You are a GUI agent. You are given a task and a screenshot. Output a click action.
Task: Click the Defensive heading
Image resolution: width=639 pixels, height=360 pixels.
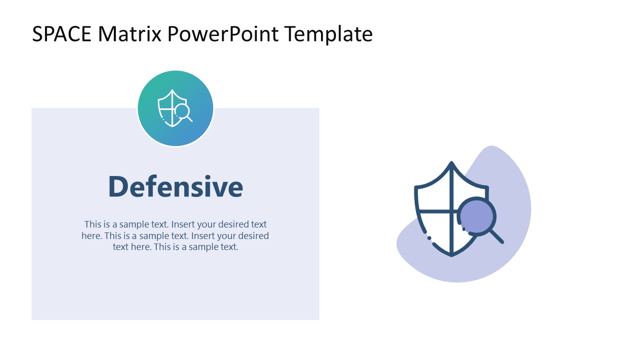click(175, 186)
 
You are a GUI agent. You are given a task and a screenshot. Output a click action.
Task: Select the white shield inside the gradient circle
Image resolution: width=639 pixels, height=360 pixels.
click(168, 107)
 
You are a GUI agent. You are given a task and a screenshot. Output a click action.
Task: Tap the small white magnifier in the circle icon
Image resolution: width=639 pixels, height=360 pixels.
click(183, 111)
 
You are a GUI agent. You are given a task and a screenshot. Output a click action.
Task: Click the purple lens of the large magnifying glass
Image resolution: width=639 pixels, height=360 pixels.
click(476, 217)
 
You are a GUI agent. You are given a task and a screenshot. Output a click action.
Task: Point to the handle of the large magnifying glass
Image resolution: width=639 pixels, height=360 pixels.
click(497, 236)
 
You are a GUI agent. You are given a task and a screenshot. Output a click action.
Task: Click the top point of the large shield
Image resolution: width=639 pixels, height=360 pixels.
click(451, 163)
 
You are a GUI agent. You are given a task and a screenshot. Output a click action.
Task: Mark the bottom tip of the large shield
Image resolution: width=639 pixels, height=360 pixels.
click(451, 254)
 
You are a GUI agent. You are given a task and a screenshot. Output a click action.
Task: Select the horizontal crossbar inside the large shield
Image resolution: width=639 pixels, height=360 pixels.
click(435, 211)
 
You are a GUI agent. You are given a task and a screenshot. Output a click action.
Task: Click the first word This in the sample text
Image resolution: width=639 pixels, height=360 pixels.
click(92, 224)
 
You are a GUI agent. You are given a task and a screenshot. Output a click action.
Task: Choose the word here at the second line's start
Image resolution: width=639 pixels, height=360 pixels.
click(91, 235)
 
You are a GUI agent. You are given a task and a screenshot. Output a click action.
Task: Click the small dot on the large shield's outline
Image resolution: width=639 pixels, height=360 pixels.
click(429, 238)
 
